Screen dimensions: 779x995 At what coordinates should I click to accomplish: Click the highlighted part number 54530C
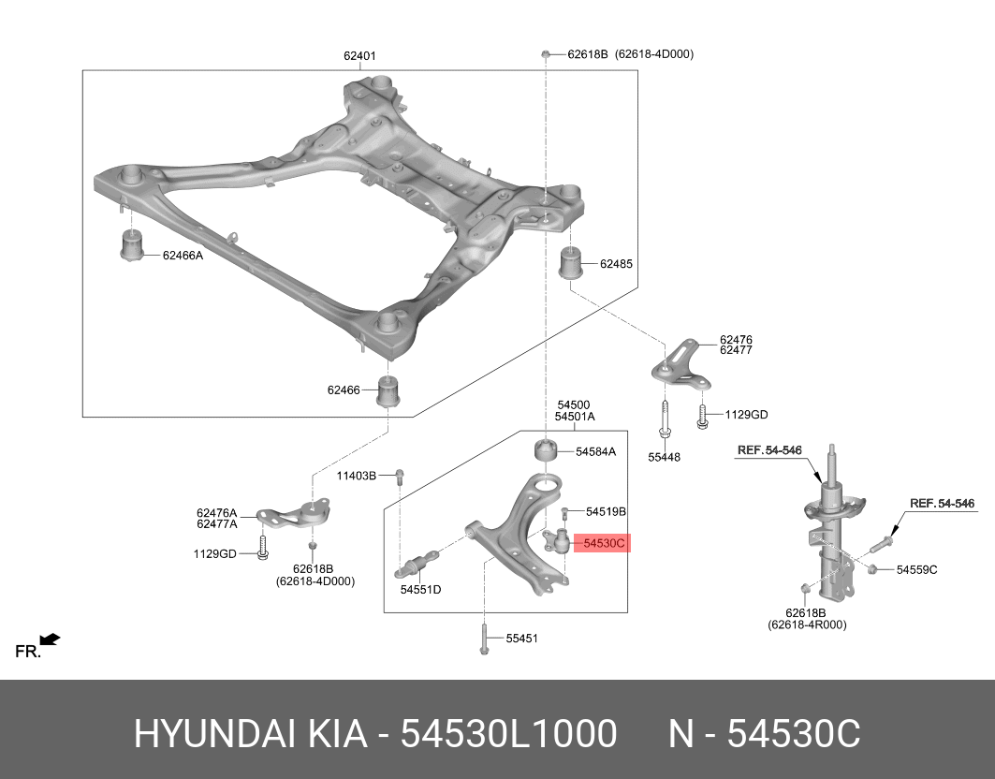[x=603, y=542]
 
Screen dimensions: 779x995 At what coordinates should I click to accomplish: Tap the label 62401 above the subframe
[x=359, y=56]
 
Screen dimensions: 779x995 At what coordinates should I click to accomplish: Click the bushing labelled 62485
[x=572, y=263]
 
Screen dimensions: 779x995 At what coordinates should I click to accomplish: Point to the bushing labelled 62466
[x=389, y=390]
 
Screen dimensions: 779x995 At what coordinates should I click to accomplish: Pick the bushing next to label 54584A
[x=546, y=451]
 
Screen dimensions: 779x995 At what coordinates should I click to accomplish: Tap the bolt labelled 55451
[x=484, y=639]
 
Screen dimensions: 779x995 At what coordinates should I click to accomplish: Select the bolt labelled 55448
[x=664, y=419]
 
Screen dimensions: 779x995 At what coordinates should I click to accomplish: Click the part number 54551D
[x=420, y=590]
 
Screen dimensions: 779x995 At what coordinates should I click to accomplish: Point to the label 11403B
[x=357, y=477]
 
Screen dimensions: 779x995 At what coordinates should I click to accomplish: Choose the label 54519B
[x=606, y=512]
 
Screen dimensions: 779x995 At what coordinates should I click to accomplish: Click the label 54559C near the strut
[x=916, y=569]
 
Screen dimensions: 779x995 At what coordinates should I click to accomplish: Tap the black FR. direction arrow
[x=50, y=639]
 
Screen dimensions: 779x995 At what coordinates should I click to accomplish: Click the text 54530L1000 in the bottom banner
[x=508, y=734]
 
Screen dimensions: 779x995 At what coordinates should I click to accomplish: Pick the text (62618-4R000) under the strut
[x=806, y=625]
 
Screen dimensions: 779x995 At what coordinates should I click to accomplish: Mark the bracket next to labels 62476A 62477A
[x=295, y=516]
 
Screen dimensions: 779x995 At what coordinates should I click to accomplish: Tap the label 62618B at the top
[x=588, y=54]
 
